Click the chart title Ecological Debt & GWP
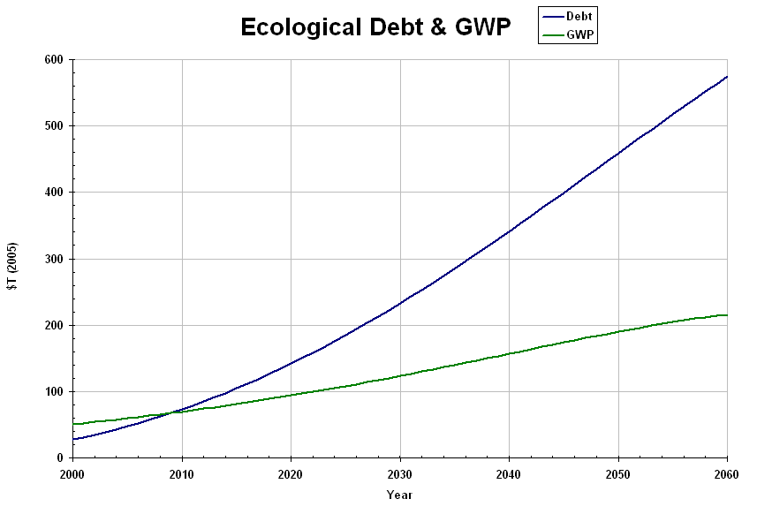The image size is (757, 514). pyautogui.click(x=375, y=27)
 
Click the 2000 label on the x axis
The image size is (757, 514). pyautogui.click(x=73, y=473)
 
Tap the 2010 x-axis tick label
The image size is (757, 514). pyautogui.click(x=182, y=473)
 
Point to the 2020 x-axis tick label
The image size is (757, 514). pyautogui.click(x=291, y=473)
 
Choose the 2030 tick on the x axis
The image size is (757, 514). pyautogui.click(x=400, y=473)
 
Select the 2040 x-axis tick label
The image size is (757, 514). pyautogui.click(x=509, y=473)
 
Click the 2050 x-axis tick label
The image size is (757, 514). pyautogui.click(x=618, y=473)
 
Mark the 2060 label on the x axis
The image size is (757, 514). pyautogui.click(x=726, y=473)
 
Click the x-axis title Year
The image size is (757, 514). pyautogui.click(x=399, y=495)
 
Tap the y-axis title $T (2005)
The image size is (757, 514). pyautogui.click(x=12, y=267)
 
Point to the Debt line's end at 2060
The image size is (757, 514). pyautogui.click(x=727, y=77)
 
